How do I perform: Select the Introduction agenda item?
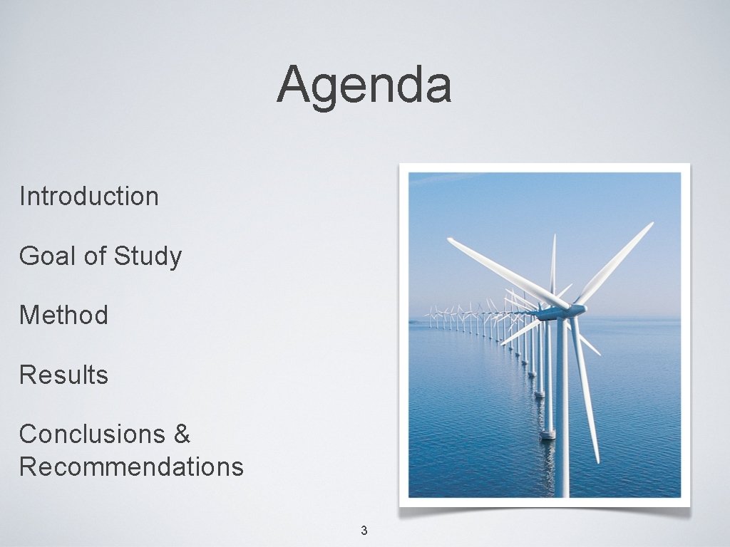tap(89, 196)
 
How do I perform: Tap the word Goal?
tap(48, 256)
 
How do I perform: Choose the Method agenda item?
tap(63, 315)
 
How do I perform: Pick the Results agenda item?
tap(63, 375)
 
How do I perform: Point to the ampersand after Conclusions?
tap(182, 433)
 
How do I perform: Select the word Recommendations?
tap(131, 467)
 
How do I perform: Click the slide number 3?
tap(364, 530)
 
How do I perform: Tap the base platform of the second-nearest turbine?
tap(547, 433)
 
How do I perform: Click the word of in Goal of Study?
tap(94, 256)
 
